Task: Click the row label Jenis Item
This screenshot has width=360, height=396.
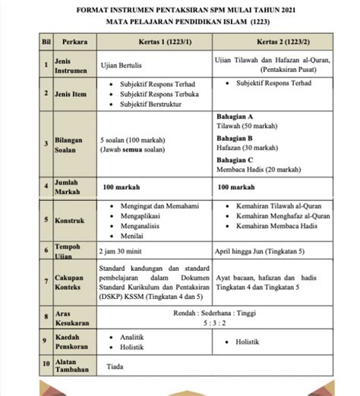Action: [73, 93]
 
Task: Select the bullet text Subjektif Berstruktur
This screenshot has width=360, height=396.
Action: [153, 103]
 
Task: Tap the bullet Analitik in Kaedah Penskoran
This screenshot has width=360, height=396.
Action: [133, 336]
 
